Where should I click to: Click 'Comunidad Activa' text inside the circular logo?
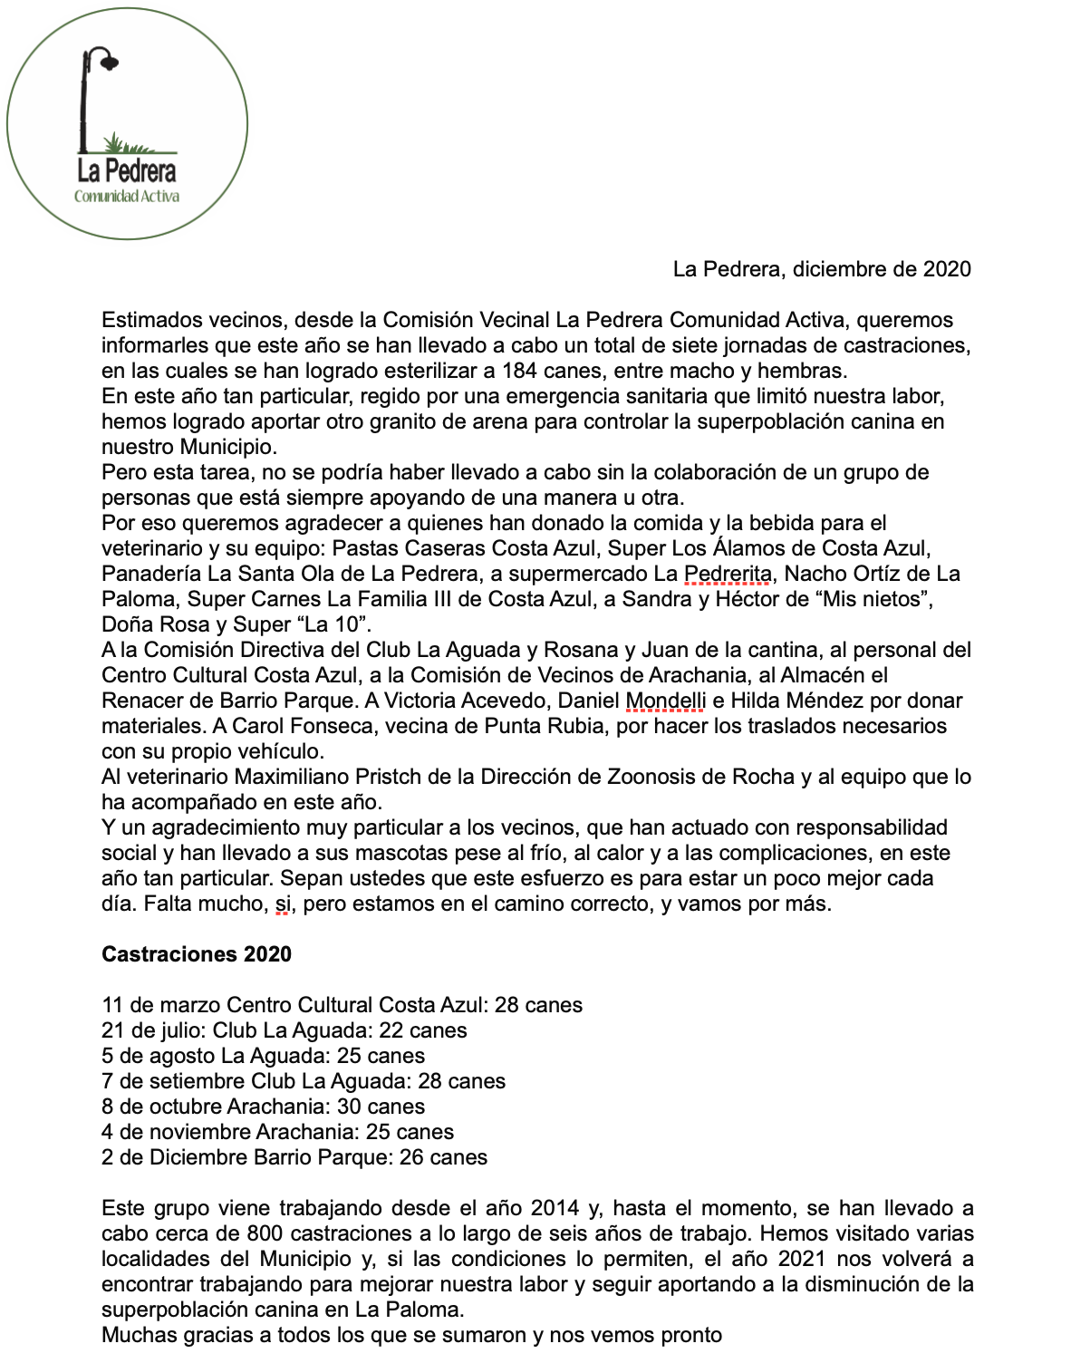click(x=127, y=196)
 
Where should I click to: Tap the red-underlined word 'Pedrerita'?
click(x=728, y=574)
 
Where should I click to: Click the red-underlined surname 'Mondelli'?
click(x=666, y=701)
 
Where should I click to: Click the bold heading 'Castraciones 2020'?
click(x=197, y=954)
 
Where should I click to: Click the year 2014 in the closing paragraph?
click(x=555, y=1208)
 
